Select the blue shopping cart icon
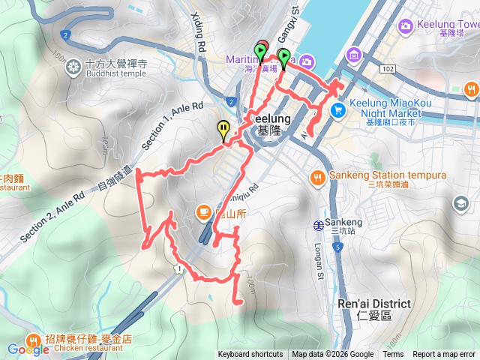(338, 110)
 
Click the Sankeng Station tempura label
(388, 175)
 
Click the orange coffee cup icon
(202, 212)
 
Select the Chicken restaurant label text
(88, 347)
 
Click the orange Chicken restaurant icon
(34, 339)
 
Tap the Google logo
(28, 349)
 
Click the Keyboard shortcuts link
(250, 355)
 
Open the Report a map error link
(444, 355)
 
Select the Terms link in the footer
(393, 355)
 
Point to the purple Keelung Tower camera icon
(406, 26)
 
